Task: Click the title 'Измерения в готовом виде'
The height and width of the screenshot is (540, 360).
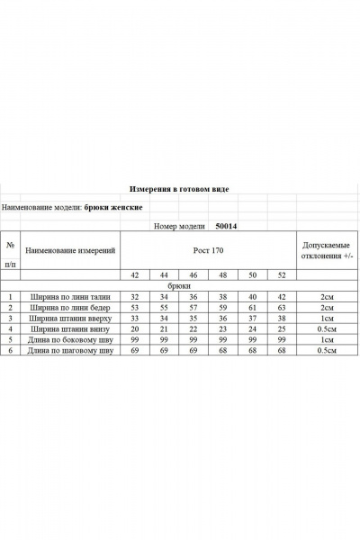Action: click(180, 191)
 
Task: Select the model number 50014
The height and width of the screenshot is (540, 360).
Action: click(229, 227)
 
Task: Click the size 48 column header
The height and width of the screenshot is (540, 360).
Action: click(223, 274)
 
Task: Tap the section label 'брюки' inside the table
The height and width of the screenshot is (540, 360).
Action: click(179, 285)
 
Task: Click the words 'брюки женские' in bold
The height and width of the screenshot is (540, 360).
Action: click(114, 207)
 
